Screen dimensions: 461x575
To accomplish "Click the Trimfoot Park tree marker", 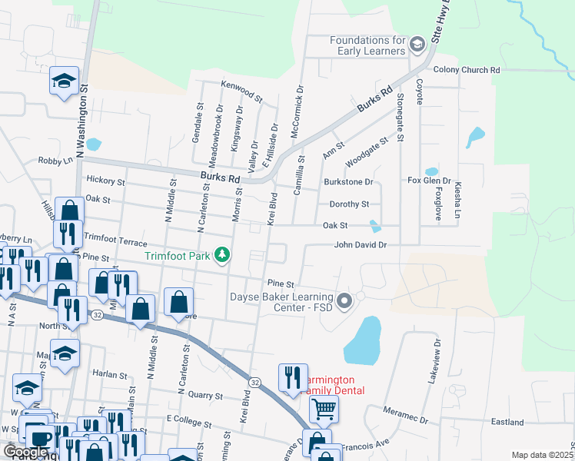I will tap(222, 254).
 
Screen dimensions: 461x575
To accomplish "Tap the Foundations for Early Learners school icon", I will tap(417, 45).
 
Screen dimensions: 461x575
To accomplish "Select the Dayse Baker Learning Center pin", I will tap(344, 300).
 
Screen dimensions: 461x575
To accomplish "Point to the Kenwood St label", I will tap(241, 92).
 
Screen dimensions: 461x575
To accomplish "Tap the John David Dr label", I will tap(359, 245).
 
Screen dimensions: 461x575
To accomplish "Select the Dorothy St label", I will tap(349, 204).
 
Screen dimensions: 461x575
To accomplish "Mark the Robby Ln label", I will tap(55, 161).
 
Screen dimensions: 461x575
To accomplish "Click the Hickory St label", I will tap(106, 182).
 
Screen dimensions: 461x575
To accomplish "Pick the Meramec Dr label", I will tap(404, 415).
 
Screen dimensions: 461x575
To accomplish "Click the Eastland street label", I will tap(507, 422).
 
